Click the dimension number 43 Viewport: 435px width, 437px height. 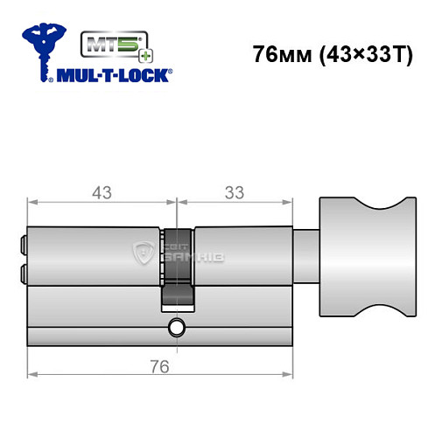102,192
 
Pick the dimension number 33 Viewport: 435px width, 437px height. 234,192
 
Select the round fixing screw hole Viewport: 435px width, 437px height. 177,329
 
